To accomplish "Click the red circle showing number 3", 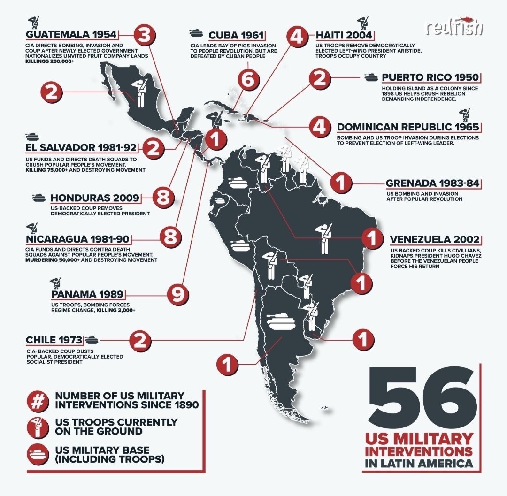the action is click(145, 35).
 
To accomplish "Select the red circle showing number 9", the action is click(178, 295).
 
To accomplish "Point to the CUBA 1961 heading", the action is click(236, 35).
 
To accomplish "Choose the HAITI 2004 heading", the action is click(344, 35).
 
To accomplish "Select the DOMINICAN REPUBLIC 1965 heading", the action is click(407, 127).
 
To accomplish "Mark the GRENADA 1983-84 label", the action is click(432, 183).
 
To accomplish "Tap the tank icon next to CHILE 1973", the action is click(92, 339).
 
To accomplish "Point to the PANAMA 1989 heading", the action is click(87, 295).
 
